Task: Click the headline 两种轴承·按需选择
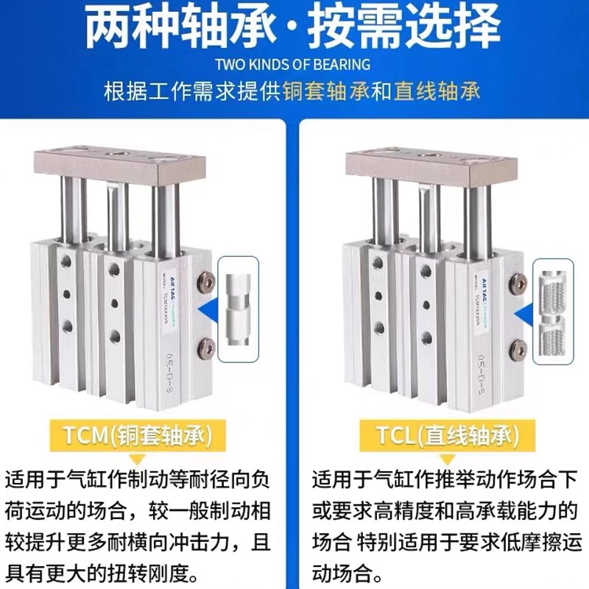[294, 28]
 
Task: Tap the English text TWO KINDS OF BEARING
[294, 65]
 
